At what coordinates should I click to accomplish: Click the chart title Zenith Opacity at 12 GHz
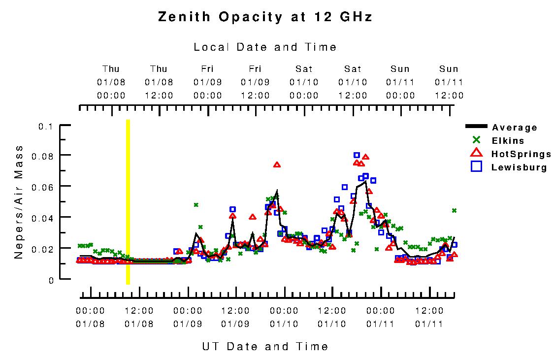tap(265, 17)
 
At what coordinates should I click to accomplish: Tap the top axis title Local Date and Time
tap(265, 47)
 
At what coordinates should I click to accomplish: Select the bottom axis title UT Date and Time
tap(265, 347)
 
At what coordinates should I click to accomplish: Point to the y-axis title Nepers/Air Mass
tap(19, 202)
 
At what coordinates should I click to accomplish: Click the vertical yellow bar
tap(128, 202)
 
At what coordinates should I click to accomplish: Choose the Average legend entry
tap(515, 128)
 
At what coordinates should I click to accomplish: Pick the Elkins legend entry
tap(508, 141)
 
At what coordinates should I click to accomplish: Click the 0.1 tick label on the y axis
tap(45, 127)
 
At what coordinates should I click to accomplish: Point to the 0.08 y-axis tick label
tap(43, 156)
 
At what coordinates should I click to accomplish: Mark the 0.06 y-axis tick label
tap(43, 187)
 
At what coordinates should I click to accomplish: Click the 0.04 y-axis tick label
tap(43, 217)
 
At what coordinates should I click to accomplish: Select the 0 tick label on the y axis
tap(50, 280)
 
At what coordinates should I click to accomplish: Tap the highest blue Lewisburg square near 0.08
tap(357, 155)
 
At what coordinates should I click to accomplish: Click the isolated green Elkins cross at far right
tap(454, 210)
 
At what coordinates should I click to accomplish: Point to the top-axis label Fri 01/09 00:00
tap(207, 82)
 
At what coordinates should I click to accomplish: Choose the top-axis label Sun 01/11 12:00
tap(449, 82)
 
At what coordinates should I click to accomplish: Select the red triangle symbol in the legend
tap(476, 154)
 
